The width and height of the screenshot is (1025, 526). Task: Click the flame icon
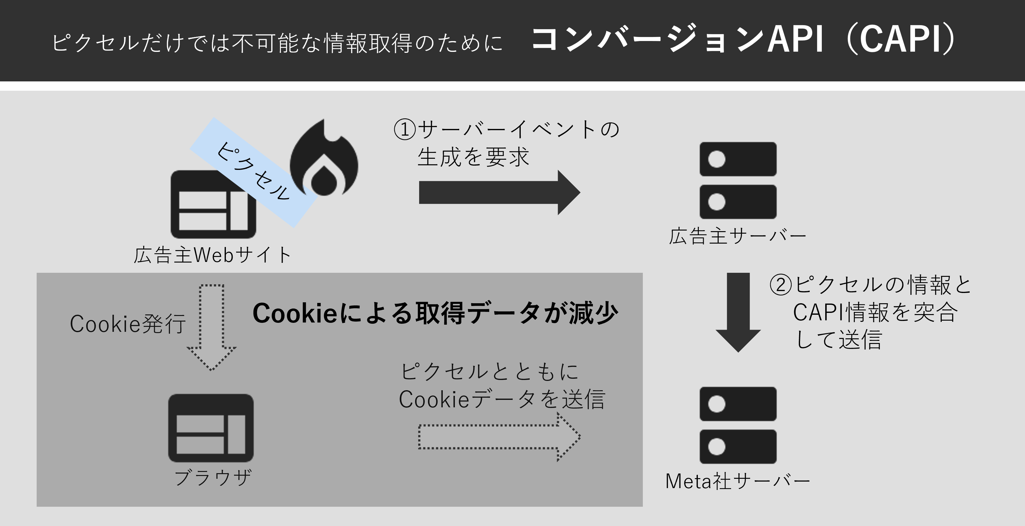(324, 159)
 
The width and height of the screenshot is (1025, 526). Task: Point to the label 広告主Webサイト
(213, 255)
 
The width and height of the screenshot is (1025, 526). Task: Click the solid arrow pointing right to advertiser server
(499, 193)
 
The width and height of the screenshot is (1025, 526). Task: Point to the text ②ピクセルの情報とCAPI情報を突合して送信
(872, 312)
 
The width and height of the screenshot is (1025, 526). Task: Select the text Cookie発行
(128, 323)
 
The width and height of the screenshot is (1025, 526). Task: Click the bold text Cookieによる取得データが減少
(435, 313)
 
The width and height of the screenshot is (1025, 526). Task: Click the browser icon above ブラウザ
(211, 428)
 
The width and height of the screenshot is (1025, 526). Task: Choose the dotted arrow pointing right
(499, 437)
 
